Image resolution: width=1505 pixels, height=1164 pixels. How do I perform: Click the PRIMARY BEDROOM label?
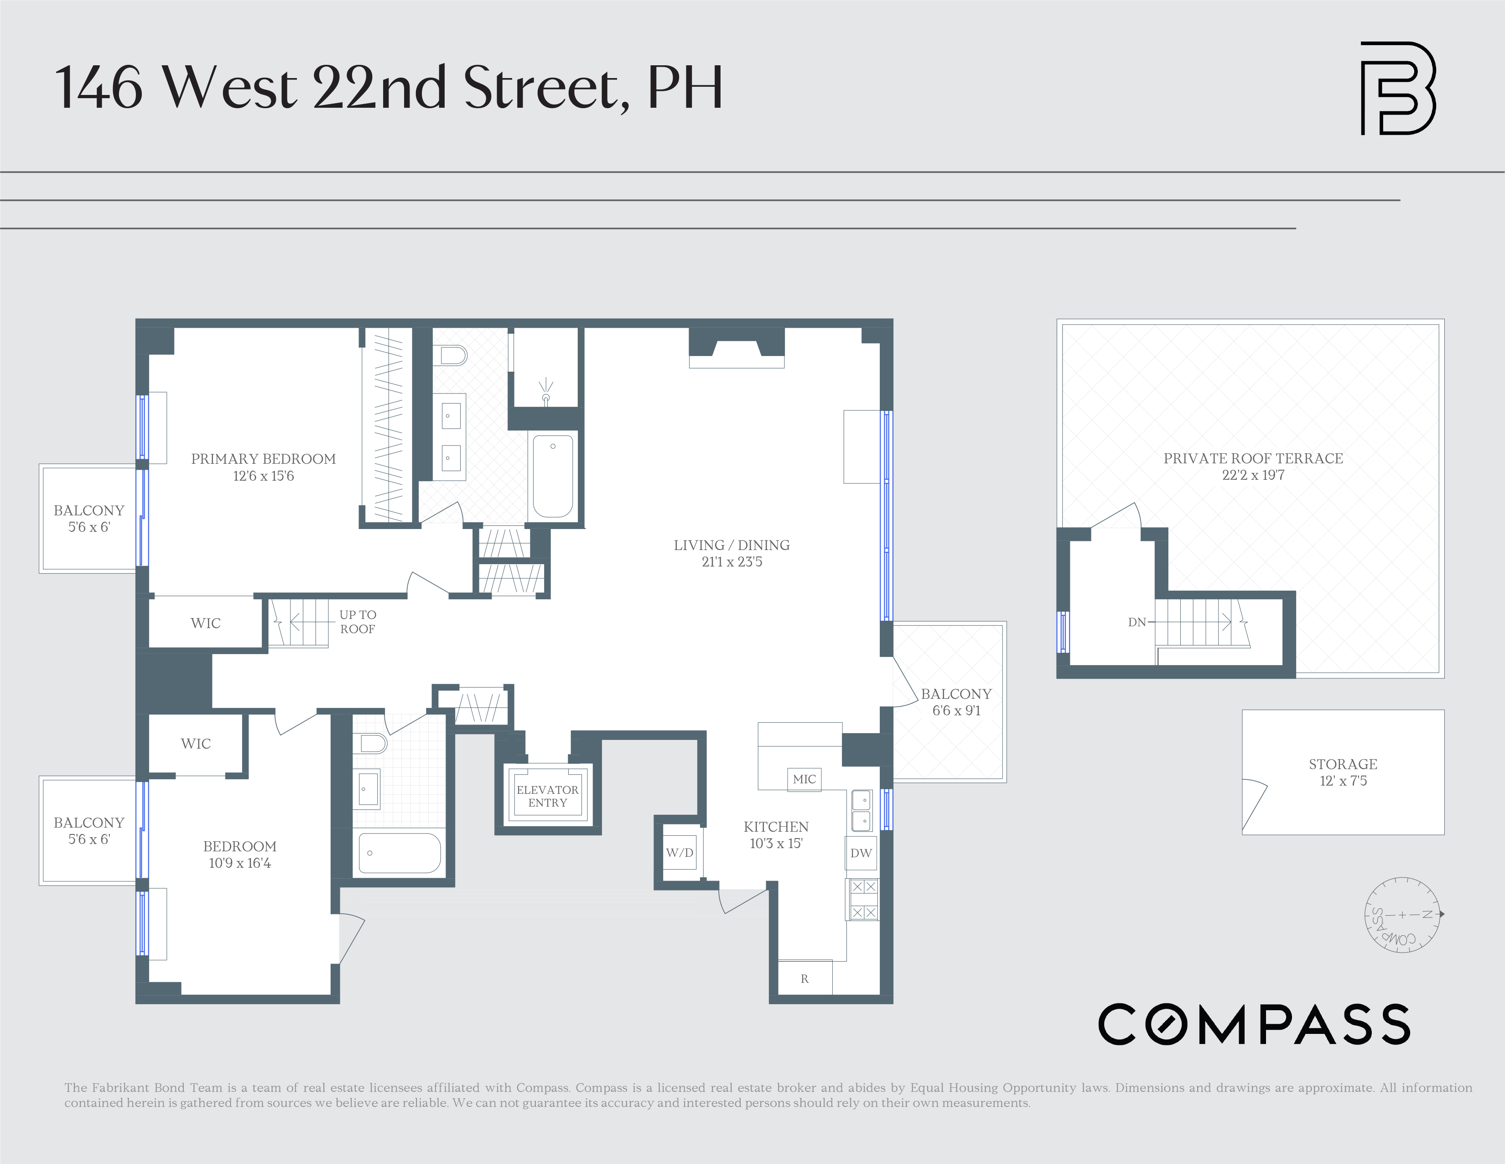click(x=263, y=459)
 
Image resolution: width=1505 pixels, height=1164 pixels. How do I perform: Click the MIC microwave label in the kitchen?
click(x=804, y=779)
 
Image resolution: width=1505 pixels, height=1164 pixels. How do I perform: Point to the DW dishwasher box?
click(x=861, y=853)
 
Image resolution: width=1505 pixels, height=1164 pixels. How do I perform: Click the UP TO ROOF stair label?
click(x=357, y=621)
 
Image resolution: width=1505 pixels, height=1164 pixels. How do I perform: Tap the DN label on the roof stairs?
click(x=1137, y=622)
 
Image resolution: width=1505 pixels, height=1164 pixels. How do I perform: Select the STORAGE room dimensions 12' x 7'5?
click(x=1342, y=781)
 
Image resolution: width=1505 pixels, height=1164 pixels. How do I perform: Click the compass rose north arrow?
click(x=1440, y=914)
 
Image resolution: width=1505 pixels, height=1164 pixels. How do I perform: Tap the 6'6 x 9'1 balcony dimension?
click(x=956, y=710)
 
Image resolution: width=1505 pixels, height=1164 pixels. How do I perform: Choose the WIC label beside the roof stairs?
click(x=205, y=623)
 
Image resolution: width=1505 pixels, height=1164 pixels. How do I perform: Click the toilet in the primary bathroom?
click(x=453, y=356)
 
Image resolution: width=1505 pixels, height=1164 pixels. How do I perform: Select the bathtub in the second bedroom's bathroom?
click(x=400, y=853)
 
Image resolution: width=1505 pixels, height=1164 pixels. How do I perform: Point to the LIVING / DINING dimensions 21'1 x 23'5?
click(x=732, y=561)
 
